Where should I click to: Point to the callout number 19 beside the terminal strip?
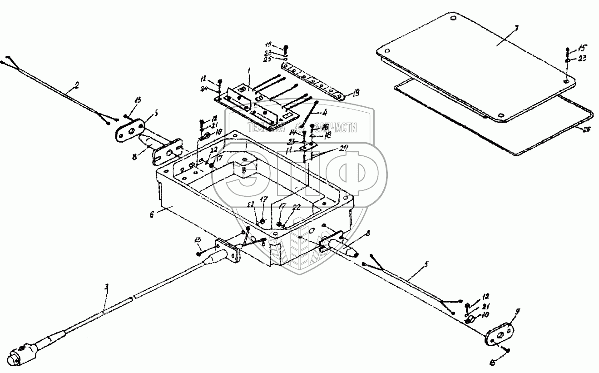click(356, 94)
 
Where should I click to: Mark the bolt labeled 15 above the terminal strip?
click(286, 47)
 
